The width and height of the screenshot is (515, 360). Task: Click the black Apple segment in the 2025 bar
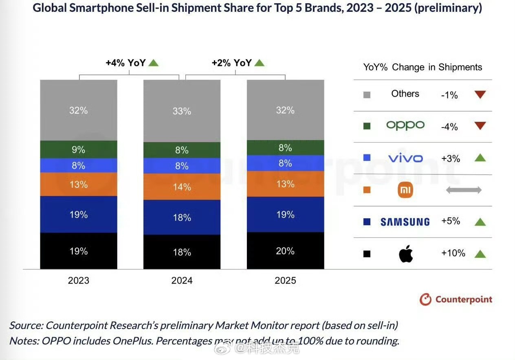point(285,250)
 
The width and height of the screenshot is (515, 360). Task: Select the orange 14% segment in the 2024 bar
point(182,187)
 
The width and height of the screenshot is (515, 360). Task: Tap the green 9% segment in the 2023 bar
point(78,149)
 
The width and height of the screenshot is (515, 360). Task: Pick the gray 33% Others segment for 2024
point(182,111)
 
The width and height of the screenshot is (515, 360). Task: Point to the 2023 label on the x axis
point(79,281)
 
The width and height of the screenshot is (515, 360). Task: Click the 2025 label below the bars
point(285,281)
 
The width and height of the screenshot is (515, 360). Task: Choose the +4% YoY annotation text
point(125,63)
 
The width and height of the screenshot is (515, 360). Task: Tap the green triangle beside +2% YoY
point(260,63)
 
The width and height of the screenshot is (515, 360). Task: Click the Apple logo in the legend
point(406,254)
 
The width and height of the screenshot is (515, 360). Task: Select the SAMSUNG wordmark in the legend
point(405,222)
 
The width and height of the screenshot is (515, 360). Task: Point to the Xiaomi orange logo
point(405,190)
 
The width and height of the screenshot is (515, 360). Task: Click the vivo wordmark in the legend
point(405,158)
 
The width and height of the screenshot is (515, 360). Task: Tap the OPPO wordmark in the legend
point(405,125)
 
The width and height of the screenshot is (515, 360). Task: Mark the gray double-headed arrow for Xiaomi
point(464,190)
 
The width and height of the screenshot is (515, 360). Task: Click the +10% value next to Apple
point(453,253)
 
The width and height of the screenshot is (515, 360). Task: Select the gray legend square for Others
point(367,95)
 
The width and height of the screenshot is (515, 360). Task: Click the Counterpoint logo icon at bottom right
point(425,300)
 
